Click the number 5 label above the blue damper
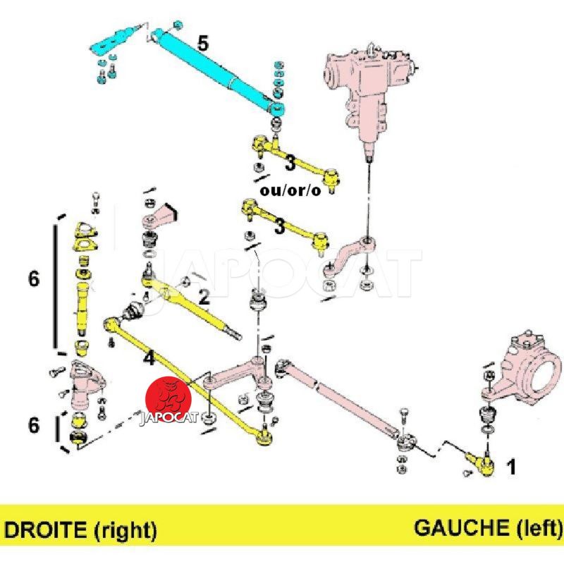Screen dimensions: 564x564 pyautogui.click(x=202, y=43)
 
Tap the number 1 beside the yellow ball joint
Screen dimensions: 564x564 pyautogui.click(x=512, y=466)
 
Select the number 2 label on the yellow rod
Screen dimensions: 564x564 pyautogui.click(x=204, y=298)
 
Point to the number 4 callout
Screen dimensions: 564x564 pyautogui.click(x=148, y=358)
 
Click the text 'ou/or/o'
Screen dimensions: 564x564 pyautogui.click(x=289, y=190)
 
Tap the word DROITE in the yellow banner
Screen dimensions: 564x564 pyautogui.click(x=47, y=528)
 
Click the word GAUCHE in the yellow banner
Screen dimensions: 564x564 pyautogui.click(x=458, y=527)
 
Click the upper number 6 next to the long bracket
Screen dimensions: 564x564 pyautogui.click(x=34, y=279)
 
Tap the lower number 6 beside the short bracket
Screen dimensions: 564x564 pyautogui.click(x=34, y=424)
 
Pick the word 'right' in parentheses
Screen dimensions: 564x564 pyautogui.click(x=125, y=528)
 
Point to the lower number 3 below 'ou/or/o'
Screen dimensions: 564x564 pyautogui.click(x=280, y=227)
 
